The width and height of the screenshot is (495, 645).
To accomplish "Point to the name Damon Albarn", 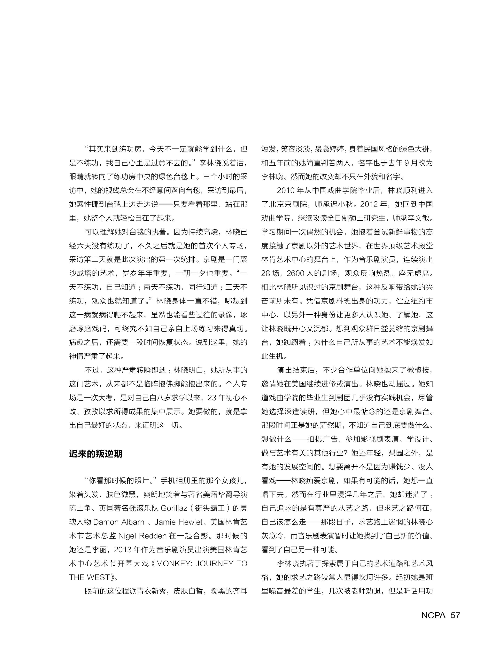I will pos(119,522).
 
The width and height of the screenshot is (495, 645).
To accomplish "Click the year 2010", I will pos(286,190).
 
